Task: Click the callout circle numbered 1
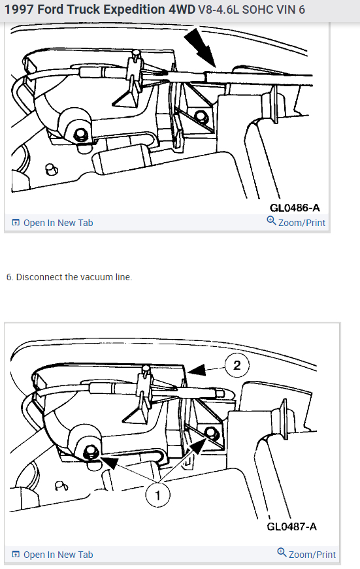157,495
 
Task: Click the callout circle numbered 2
237,365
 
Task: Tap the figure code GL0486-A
295,208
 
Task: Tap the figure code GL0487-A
292,526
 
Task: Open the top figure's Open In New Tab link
53,223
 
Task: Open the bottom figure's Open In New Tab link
53,555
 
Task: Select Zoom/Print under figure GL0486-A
296,222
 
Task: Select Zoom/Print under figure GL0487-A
306,554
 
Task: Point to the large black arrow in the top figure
201,48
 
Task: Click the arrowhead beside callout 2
197,370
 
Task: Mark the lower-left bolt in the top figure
80,135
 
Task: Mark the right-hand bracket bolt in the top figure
199,116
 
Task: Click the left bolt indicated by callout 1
90,452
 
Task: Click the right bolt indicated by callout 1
210,432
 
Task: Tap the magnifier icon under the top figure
271,220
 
